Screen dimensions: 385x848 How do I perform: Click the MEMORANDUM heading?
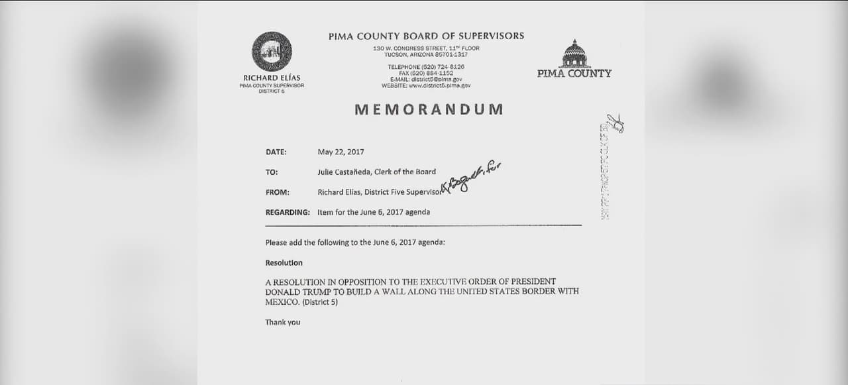429,110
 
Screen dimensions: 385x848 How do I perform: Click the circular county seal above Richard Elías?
272,52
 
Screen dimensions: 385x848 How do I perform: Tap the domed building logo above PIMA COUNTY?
575,54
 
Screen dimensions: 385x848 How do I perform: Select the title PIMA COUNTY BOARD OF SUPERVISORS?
426,36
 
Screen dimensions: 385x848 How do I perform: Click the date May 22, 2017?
341,152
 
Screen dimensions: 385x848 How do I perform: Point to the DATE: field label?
276,152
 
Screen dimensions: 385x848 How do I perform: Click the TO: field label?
272,172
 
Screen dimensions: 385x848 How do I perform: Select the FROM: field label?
278,192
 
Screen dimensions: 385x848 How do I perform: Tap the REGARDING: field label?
288,212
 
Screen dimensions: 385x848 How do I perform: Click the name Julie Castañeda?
345,172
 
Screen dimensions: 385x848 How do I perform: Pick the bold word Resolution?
284,263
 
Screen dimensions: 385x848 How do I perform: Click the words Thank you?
283,322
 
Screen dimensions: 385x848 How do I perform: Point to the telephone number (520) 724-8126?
426,67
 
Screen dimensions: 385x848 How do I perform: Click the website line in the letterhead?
426,85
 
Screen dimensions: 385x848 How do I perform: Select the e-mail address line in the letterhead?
426,79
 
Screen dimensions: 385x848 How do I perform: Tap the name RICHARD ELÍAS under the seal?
272,78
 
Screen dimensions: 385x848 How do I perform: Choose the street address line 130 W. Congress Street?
426,48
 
